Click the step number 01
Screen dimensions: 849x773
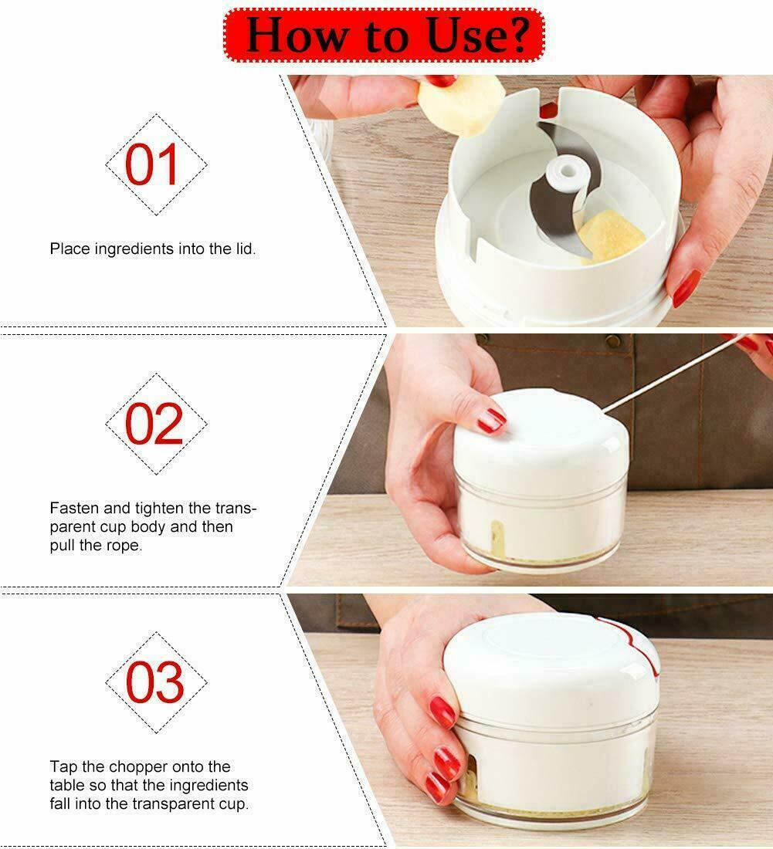[155, 164]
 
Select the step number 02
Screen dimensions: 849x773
[155, 424]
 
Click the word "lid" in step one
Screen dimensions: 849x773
[242, 249]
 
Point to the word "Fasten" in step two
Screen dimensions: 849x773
[71, 509]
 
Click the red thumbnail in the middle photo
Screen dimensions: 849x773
[491, 421]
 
